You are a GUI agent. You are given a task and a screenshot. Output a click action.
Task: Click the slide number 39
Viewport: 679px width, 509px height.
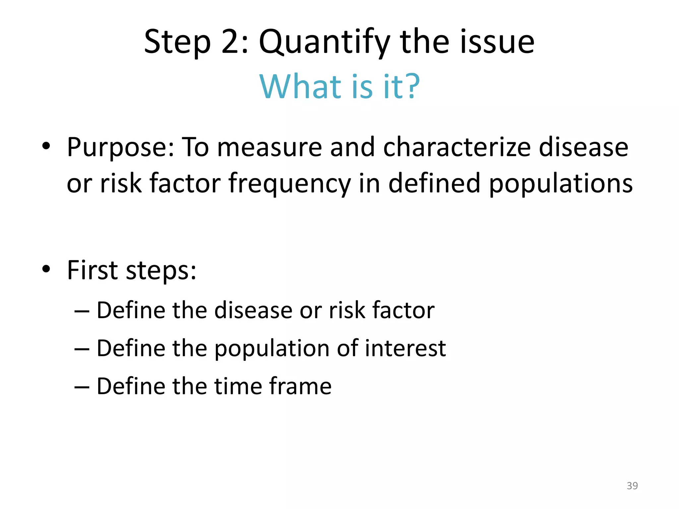click(x=632, y=485)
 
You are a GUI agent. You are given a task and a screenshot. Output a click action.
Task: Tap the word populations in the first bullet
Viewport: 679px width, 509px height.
click(x=560, y=184)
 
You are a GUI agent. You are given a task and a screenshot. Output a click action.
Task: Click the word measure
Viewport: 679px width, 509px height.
click(x=269, y=147)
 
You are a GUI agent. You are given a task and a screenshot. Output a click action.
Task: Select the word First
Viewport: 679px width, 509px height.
click(x=92, y=270)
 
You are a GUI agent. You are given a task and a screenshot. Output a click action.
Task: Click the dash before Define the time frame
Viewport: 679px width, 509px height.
click(x=82, y=387)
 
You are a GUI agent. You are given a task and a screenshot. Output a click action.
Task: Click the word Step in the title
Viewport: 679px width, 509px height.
click(x=177, y=42)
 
